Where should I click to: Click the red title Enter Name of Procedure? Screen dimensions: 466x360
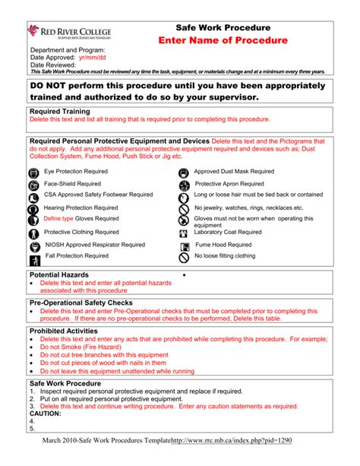tap(223, 40)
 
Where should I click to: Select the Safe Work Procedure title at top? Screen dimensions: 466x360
tap(223, 26)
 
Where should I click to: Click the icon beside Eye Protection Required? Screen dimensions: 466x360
tap(33, 173)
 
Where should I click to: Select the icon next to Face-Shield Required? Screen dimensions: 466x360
tap(33, 185)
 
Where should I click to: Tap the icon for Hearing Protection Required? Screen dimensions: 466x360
tap(33, 208)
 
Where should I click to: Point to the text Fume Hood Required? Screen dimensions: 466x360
tap(223, 245)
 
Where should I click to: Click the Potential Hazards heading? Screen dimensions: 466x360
tap(59, 274)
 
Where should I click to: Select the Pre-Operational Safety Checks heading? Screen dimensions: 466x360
tap(81, 303)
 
